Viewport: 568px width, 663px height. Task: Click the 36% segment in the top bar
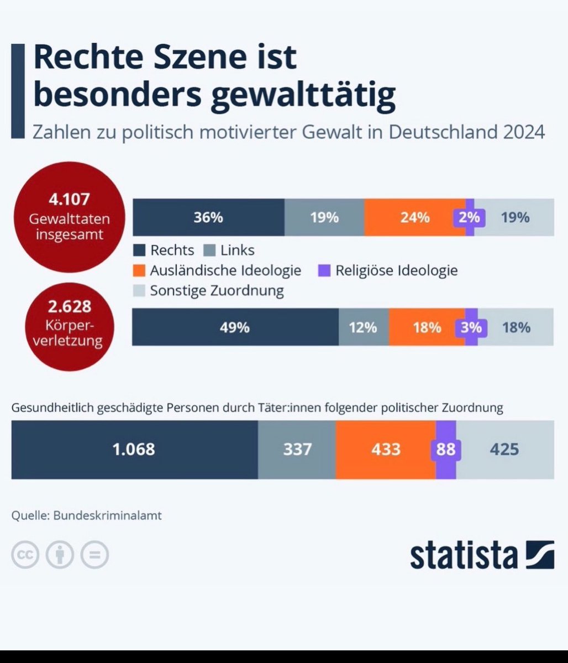(208, 217)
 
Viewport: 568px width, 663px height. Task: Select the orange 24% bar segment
(414, 217)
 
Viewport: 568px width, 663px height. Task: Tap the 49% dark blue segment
(235, 327)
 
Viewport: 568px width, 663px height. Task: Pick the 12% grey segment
(363, 327)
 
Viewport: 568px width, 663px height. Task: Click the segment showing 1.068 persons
(134, 449)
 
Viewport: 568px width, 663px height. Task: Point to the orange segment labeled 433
(386, 449)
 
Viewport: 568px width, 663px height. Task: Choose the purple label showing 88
(445, 449)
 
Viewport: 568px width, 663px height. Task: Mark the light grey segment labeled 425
(504, 449)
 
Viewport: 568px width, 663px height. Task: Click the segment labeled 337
(297, 449)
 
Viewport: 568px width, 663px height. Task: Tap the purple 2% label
(469, 217)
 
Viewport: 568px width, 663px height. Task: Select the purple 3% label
(471, 327)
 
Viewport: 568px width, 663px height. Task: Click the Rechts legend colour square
(139, 250)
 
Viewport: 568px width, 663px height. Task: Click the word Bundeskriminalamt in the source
(108, 515)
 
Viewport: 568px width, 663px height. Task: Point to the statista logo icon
(540, 555)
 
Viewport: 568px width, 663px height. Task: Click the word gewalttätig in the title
(304, 96)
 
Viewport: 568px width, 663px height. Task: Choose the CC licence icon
(25, 555)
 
